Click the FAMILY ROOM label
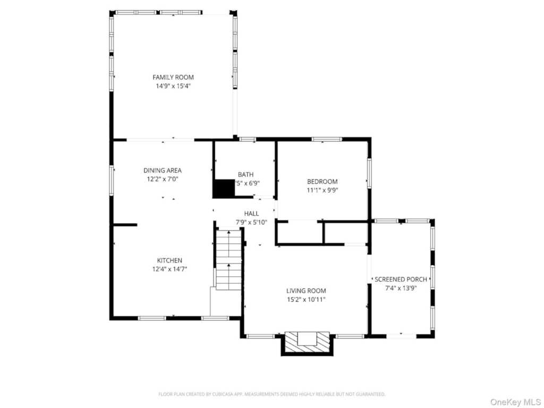click(173, 78)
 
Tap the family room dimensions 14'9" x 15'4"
click(173, 86)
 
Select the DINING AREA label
click(163, 171)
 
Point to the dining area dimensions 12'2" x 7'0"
click(163, 179)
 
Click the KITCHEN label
click(169, 260)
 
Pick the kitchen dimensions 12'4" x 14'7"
click(169, 269)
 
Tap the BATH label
click(245, 174)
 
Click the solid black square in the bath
click(224, 188)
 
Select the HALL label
click(252, 214)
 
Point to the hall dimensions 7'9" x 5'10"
click(252, 222)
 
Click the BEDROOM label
click(322, 182)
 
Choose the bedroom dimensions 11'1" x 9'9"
click(322, 190)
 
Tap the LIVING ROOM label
click(306, 291)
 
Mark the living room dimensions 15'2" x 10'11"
click(306, 299)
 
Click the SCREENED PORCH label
click(401, 279)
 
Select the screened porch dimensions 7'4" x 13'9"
click(401, 287)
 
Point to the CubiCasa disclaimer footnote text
click(271, 394)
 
